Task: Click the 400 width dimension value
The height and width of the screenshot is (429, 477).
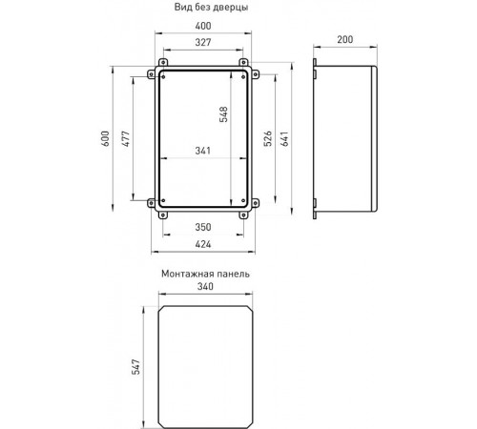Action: [x=203, y=26]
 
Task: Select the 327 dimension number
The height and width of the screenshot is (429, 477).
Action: [x=203, y=42]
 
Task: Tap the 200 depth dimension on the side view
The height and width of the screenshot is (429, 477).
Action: [x=345, y=39]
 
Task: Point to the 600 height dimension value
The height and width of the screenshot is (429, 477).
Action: [x=105, y=138]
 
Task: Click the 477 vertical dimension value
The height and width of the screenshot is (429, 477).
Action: [x=126, y=138]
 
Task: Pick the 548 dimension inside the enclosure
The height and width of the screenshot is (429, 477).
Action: [x=223, y=114]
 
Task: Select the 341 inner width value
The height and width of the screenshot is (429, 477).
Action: [x=203, y=151]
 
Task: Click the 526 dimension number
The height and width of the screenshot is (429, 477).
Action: [x=268, y=138]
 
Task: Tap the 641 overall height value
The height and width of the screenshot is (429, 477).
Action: [x=284, y=138]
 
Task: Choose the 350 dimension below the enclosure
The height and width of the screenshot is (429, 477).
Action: [x=203, y=227]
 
